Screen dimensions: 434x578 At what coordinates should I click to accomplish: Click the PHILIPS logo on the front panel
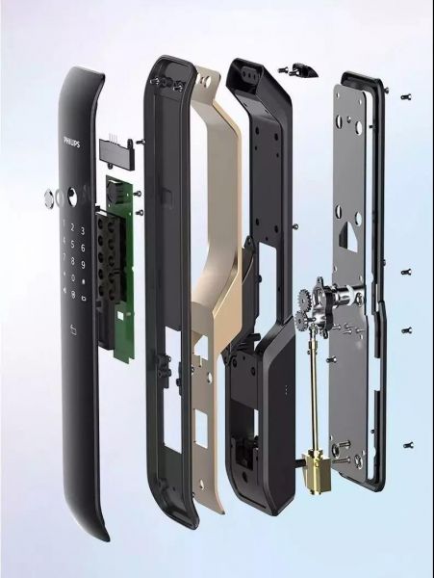(x=72, y=142)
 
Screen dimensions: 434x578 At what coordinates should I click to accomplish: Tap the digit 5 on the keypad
(x=73, y=244)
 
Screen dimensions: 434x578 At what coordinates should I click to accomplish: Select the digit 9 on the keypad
(x=83, y=264)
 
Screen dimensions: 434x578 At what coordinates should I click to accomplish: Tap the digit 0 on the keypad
(x=73, y=278)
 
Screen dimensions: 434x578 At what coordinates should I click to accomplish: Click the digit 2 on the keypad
(x=72, y=227)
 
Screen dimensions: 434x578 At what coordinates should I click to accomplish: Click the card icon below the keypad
(x=73, y=330)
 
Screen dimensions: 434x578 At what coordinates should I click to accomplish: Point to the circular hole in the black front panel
(x=72, y=195)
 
